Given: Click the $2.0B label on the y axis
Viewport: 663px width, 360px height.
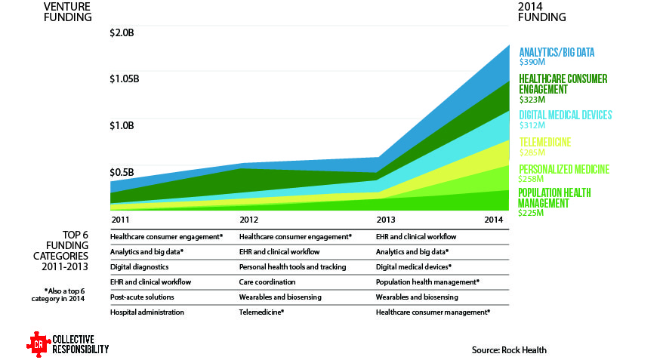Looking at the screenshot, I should (121, 34).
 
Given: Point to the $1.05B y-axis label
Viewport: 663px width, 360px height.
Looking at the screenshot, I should (125, 79).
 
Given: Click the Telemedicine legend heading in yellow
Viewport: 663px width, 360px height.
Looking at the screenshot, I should (544, 142).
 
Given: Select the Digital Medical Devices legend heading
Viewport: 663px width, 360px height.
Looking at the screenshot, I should (565, 115).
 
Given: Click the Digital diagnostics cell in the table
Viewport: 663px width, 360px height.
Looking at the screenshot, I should (139, 266).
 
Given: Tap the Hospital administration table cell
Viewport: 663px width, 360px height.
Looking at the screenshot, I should (147, 312).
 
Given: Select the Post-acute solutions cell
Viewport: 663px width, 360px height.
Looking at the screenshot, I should (143, 297).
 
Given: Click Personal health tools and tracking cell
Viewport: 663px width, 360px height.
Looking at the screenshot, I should (292, 266).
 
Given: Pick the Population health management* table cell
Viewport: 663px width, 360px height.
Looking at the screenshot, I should (428, 282).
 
